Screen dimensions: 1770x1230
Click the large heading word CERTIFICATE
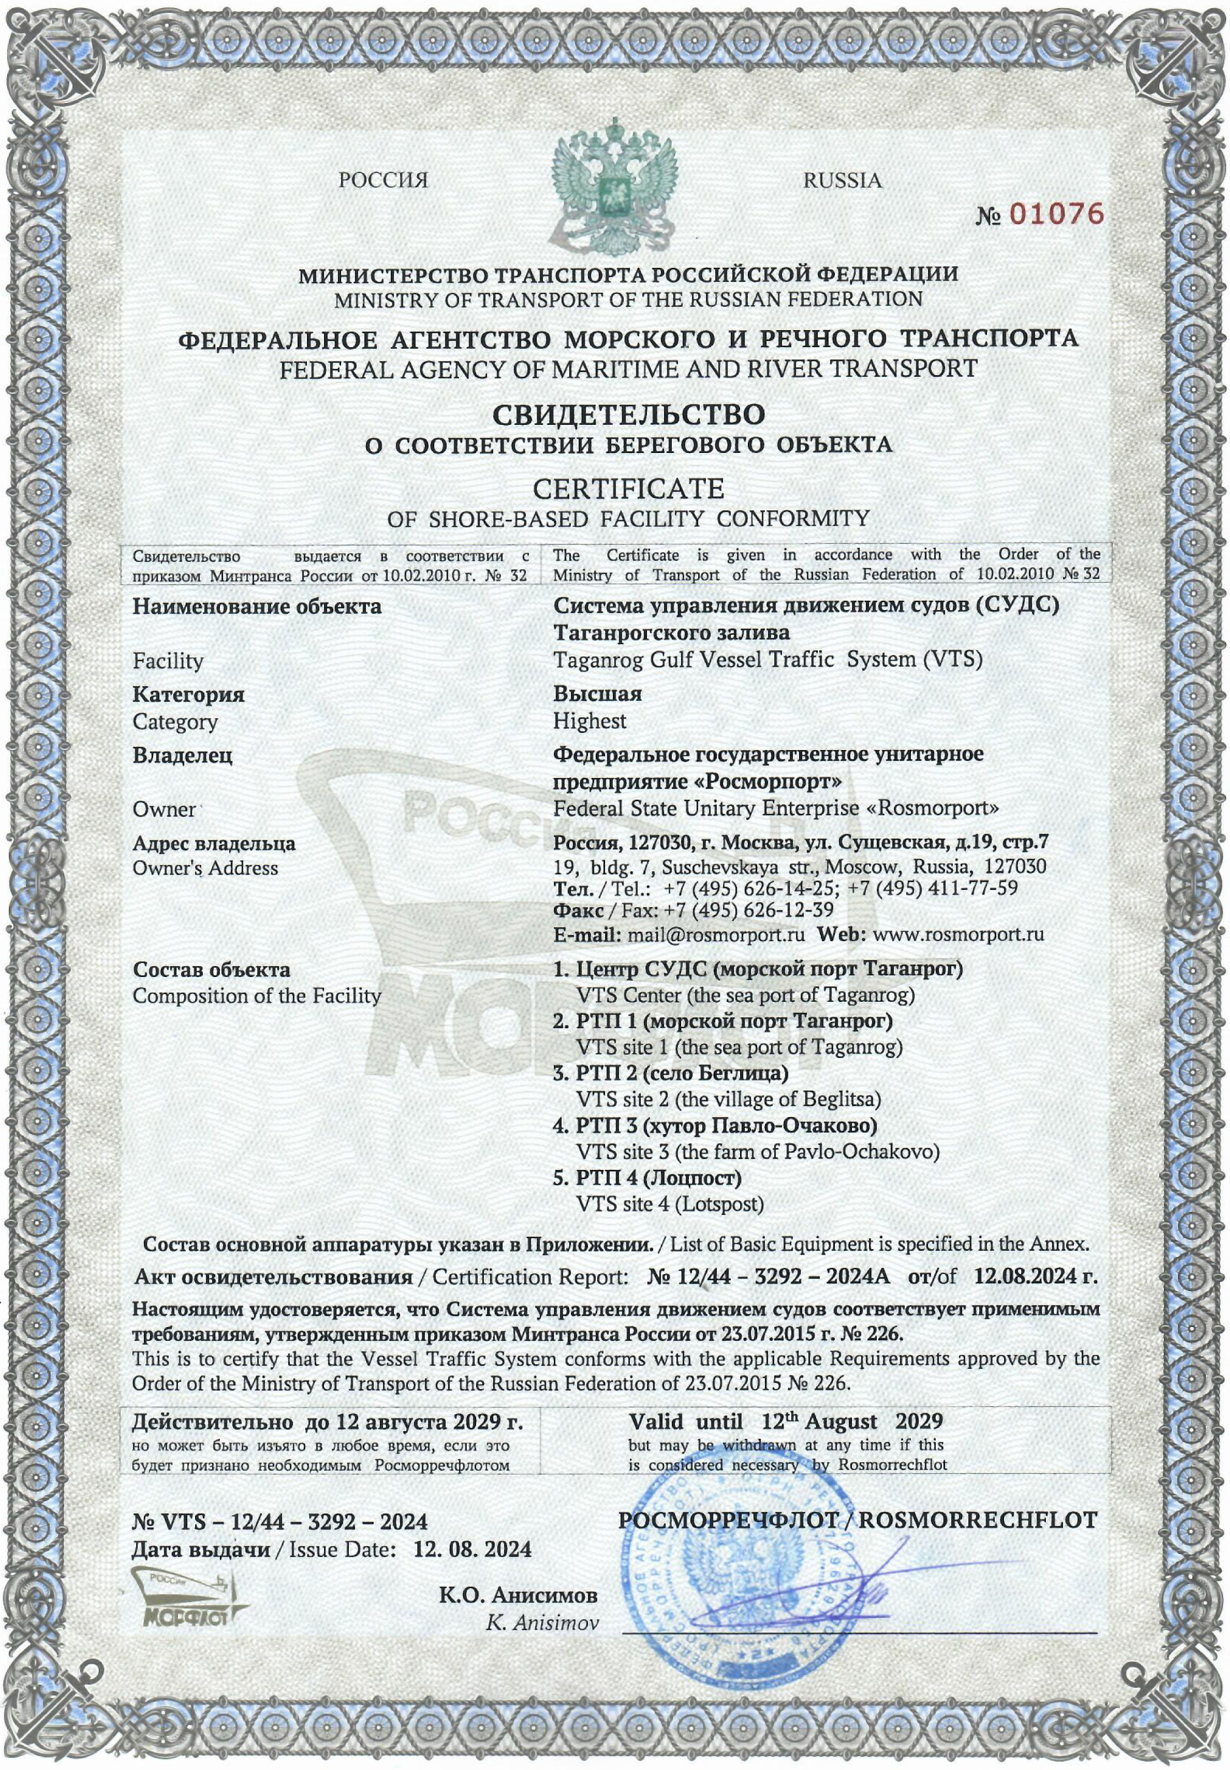628,489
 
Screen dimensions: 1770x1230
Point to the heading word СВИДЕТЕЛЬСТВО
628,414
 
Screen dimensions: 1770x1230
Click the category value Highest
590,721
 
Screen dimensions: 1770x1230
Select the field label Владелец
182,755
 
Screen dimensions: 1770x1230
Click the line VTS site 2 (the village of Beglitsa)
729,1099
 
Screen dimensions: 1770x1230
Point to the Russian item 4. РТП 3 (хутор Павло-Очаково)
715,1126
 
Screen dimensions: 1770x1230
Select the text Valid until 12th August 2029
785,1421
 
